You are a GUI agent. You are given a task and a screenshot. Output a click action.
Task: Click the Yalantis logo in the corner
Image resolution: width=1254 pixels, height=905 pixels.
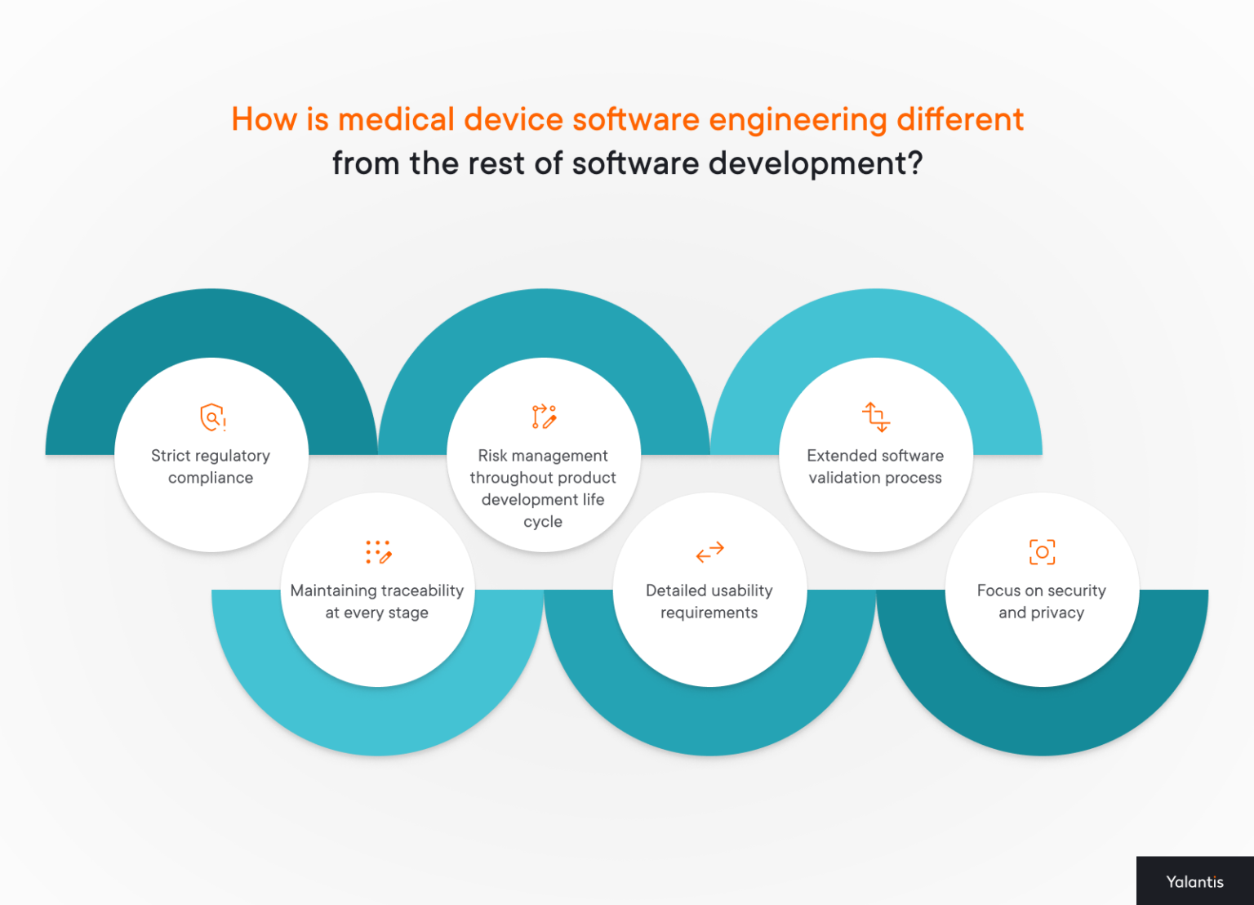1194,881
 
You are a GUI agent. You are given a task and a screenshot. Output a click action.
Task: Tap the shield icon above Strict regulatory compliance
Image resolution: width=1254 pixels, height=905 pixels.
212,417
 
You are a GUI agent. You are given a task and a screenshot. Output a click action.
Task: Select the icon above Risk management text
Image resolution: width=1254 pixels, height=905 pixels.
544,417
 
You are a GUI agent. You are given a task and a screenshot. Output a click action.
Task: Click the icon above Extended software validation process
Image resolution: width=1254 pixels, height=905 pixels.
876,417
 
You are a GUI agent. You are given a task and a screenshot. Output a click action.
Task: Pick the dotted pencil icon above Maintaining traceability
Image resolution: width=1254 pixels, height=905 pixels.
378,552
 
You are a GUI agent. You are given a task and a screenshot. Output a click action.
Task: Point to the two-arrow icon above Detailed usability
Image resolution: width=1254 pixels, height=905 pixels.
709,552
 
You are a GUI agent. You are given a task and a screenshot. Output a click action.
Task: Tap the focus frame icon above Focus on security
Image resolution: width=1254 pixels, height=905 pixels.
1042,552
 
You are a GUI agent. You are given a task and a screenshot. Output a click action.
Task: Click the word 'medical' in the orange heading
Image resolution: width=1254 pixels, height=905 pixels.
395,120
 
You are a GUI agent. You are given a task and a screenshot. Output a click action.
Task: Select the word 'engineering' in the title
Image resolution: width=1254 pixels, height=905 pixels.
798,120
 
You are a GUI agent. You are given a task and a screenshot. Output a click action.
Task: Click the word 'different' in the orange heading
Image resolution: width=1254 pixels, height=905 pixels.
959,120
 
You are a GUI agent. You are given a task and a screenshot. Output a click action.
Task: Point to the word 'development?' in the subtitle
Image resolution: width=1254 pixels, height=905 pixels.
815,163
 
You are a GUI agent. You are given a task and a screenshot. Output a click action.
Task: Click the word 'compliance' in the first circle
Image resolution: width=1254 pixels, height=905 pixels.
211,478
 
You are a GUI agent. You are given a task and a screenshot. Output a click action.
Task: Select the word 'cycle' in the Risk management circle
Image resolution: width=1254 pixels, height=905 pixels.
543,522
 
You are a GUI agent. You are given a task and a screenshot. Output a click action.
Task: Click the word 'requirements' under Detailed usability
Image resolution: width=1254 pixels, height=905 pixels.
709,613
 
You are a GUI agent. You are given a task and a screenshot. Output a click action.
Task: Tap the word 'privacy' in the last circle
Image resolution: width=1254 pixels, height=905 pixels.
1057,613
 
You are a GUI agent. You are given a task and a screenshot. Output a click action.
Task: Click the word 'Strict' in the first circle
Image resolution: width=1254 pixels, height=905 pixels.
170,456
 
